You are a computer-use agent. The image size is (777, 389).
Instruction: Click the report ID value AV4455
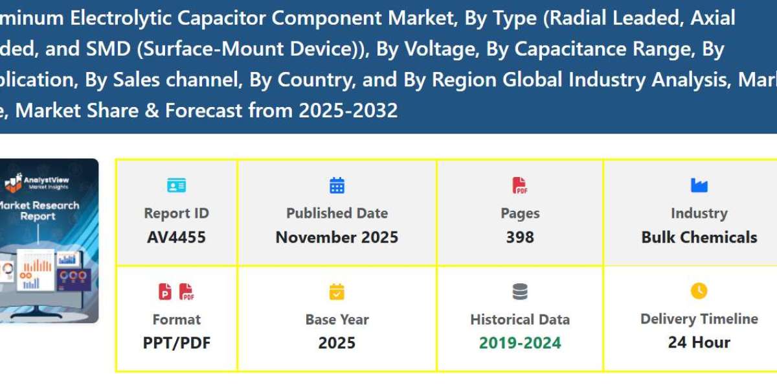(176, 237)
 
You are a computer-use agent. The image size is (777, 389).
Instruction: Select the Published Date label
(337, 213)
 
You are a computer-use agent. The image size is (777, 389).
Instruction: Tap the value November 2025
(337, 237)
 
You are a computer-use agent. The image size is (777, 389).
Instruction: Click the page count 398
(520, 237)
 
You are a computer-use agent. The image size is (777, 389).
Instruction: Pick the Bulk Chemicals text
(699, 237)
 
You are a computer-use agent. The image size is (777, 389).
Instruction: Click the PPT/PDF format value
(176, 342)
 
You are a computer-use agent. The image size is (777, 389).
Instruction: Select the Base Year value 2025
(337, 342)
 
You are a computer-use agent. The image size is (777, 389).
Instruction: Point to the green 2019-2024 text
(520, 342)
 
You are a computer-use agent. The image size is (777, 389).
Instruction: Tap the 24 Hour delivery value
(699, 342)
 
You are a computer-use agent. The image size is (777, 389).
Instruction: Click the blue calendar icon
(337, 186)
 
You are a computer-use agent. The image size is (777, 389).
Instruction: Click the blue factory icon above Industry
(699, 186)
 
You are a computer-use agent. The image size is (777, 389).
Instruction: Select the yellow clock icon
(699, 291)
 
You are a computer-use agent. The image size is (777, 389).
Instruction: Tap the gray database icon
(520, 292)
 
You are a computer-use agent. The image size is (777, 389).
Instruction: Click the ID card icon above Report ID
(176, 186)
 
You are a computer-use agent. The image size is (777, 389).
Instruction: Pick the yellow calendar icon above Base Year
(337, 292)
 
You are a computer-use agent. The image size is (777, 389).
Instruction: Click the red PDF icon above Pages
(520, 186)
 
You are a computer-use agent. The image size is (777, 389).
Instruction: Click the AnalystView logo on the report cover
(39, 182)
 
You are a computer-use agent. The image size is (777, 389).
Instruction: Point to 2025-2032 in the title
(348, 111)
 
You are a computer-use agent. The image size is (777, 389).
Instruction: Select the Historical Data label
(520, 320)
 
